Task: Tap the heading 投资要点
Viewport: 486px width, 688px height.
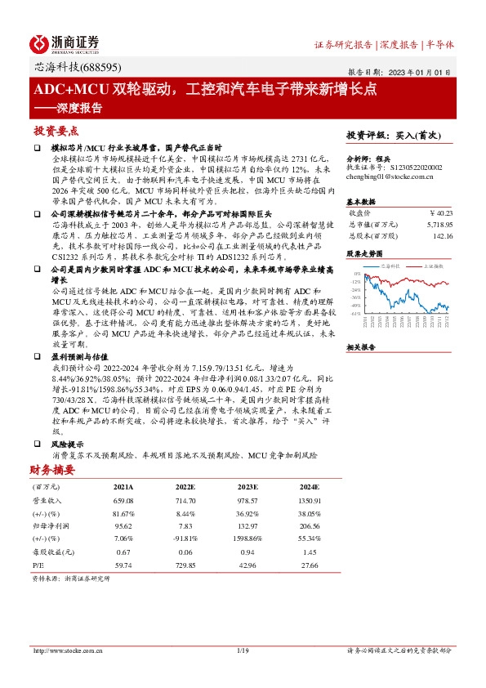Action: coord(56,131)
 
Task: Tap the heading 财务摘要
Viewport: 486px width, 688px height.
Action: coord(52,470)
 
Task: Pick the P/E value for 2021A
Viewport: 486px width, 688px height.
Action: coord(122,565)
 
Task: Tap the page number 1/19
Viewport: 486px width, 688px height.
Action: coord(243,650)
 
